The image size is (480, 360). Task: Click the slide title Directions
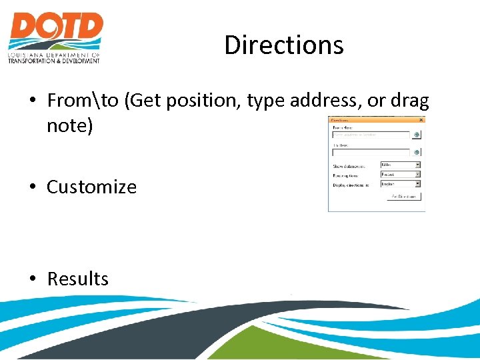(x=284, y=45)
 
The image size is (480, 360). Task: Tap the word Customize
(x=91, y=187)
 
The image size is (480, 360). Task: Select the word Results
(x=77, y=279)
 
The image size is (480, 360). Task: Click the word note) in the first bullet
(x=69, y=125)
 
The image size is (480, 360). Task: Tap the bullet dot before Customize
(x=32, y=187)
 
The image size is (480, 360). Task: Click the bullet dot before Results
(x=32, y=279)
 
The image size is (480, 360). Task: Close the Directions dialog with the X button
(x=421, y=121)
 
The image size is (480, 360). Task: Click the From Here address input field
(x=371, y=135)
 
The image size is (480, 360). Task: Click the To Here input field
(x=371, y=152)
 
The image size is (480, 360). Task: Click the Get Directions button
(x=404, y=197)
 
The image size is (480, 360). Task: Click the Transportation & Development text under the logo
(x=54, y=61)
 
